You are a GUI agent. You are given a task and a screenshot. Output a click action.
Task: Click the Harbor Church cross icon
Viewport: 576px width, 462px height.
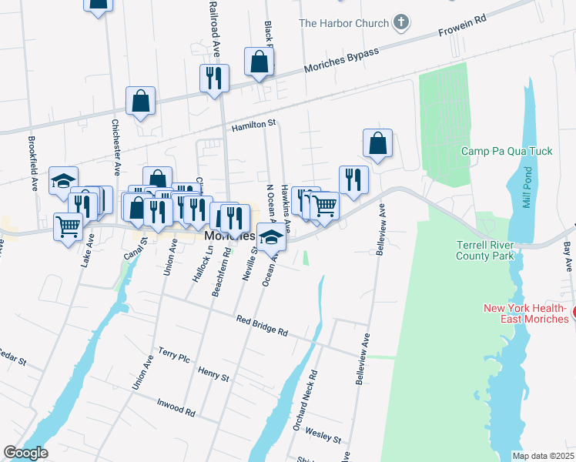[400, 22]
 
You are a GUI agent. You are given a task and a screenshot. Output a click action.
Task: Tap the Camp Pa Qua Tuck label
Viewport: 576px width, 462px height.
[507, 151]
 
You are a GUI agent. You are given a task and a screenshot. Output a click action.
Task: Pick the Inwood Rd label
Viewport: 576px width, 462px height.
[176, 406]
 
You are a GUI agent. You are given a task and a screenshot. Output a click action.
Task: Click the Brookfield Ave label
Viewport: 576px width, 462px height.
[34, 163]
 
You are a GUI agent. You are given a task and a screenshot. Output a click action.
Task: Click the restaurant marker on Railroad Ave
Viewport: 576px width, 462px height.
[213, 78]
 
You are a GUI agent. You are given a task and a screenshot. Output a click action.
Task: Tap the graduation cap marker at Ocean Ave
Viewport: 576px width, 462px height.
[271, 237]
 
